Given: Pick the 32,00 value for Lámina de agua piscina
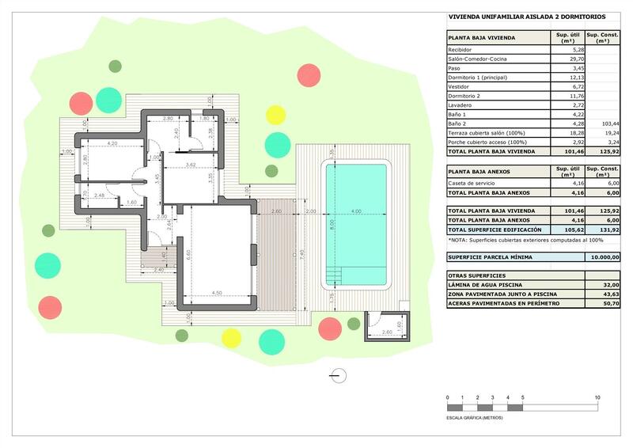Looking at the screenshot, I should coord(606,285).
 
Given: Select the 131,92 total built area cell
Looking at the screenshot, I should coord(606,229).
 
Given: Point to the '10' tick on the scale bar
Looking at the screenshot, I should coord(597,397).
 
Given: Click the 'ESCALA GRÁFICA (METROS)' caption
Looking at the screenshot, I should coord(481,416).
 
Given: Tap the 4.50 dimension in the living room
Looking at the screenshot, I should coord(215,293).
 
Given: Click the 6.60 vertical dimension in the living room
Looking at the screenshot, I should coord(189,253).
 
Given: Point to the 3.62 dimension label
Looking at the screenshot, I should coord(190,164).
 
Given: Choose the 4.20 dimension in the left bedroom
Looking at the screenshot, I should coord(112,143).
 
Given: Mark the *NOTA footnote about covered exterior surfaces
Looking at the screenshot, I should coord(525,240).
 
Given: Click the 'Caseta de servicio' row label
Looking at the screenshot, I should coord(473,184).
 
